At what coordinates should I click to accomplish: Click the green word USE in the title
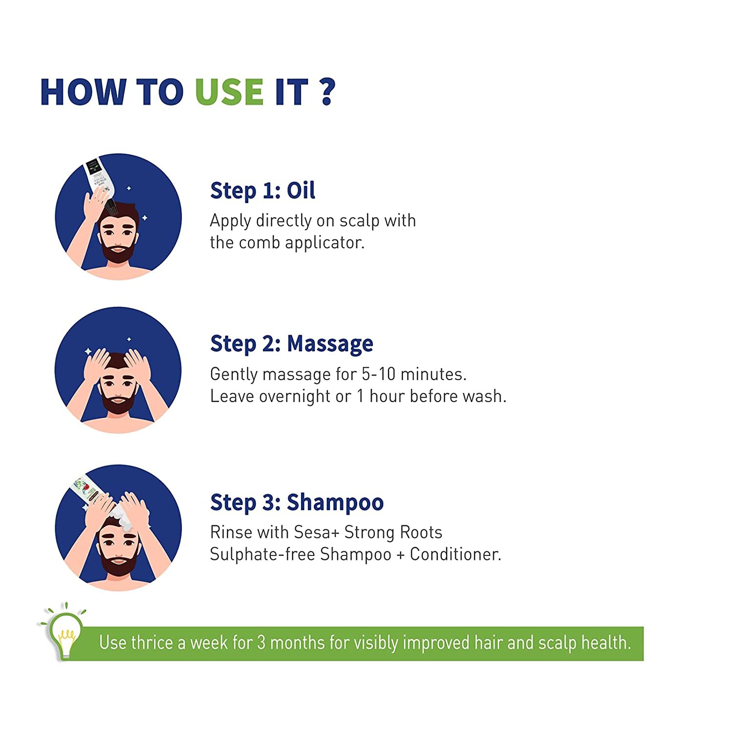pos(229,92)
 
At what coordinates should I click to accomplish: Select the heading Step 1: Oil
pos(263,190)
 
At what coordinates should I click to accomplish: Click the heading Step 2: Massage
pos(291,344)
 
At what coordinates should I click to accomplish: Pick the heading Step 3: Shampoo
pos(297,503)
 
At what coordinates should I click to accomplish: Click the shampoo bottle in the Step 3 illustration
pos(89,489)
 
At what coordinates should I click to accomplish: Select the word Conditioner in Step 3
pos(455,554)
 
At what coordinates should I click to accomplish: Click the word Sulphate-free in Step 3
pos(263,555)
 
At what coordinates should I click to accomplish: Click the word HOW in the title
pos(83,92)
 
